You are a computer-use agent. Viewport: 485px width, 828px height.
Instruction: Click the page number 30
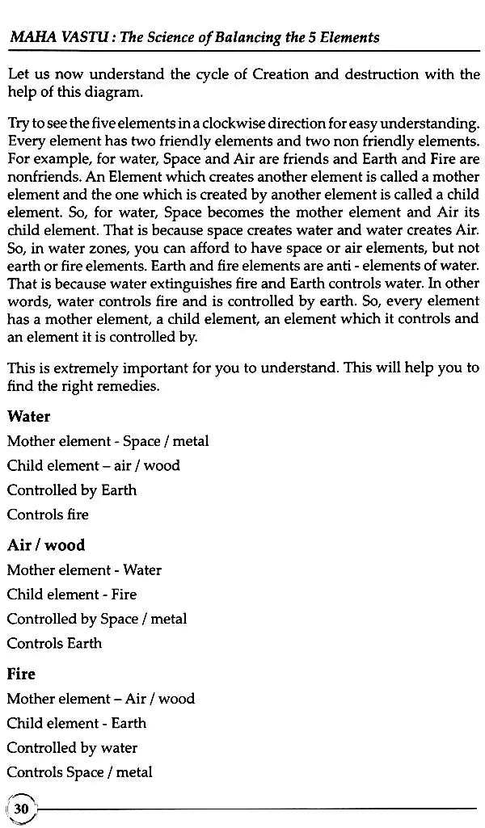click(22, 808)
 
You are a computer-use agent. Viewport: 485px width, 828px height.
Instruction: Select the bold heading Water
click(28, 417)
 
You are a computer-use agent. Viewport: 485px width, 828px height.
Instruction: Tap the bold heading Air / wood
click(46, 545)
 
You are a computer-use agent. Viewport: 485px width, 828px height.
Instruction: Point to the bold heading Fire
click(21, 674)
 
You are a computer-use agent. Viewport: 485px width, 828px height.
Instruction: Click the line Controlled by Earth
click(72, 490)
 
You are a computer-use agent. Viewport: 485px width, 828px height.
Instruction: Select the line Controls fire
click(48, 515)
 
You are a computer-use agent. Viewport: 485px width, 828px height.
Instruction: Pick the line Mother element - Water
click(84, 570)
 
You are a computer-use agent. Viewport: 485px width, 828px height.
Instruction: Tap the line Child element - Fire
click(72, 595)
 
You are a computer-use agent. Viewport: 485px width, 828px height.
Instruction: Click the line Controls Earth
click(54, 644)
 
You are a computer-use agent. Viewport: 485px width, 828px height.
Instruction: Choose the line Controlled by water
click(72, 748)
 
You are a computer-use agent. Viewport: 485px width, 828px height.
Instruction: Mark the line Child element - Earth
click(77, 723)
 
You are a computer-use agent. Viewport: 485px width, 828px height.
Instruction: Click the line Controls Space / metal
click(79, 772)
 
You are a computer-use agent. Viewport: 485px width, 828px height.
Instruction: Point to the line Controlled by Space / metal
click(97, 620)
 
